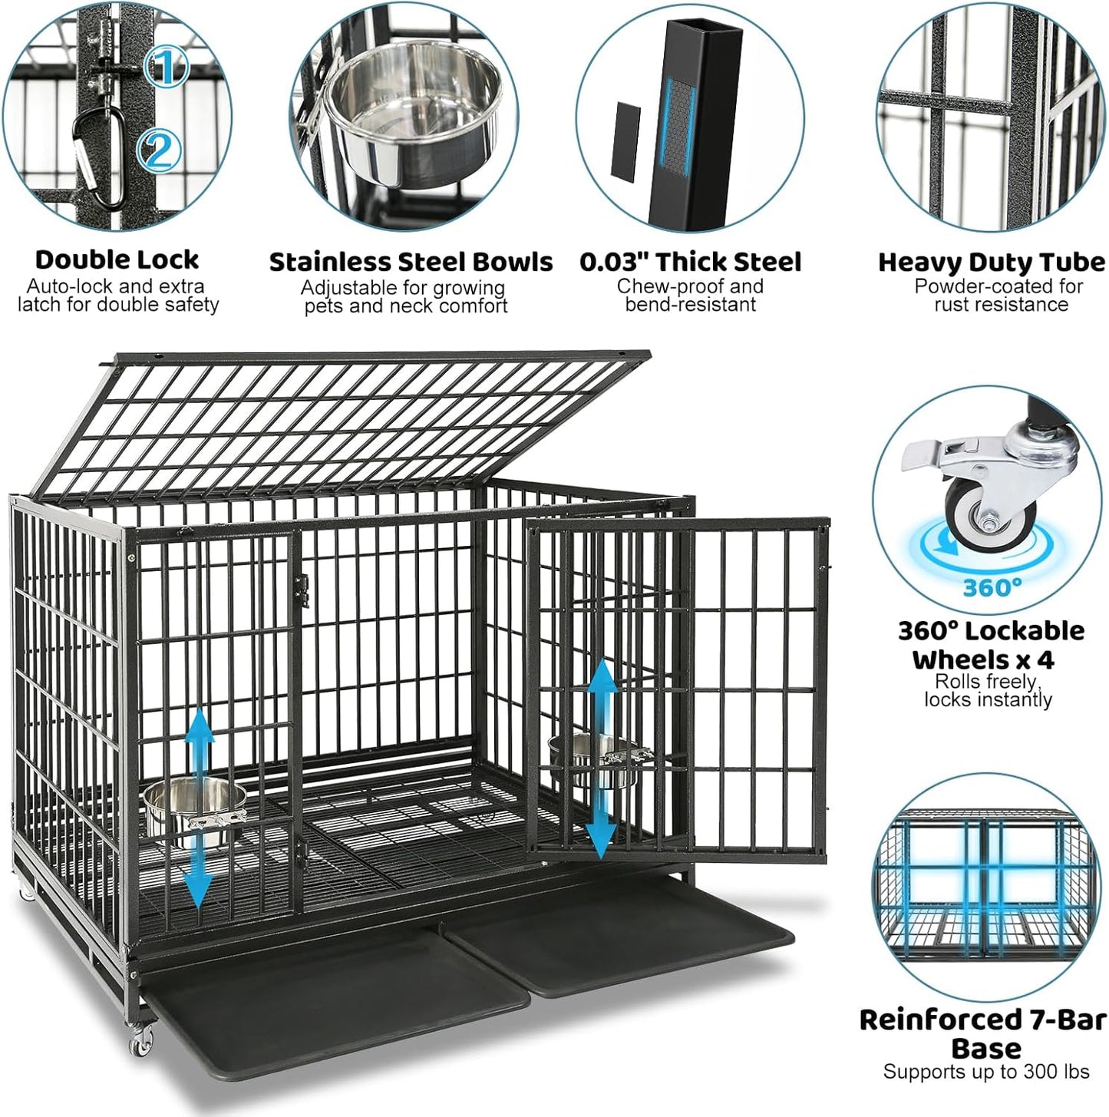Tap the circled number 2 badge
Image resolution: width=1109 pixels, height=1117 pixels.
[159, 150]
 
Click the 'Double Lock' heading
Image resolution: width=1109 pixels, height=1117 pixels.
[117, 260]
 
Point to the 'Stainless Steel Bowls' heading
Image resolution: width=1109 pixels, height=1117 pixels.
[411, 263]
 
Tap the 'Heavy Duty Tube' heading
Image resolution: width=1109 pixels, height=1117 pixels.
[991, 263]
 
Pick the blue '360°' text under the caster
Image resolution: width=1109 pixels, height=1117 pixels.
[992, 588]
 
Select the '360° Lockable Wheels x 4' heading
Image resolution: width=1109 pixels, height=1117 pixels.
[991, 645]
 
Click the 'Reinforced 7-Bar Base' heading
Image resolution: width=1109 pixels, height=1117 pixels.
[983, 1033]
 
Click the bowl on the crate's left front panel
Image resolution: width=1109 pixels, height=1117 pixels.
[192, 806]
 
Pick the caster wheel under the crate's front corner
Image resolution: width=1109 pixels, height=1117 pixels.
[140, 1040]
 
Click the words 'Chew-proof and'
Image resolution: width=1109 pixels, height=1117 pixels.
[689, 286]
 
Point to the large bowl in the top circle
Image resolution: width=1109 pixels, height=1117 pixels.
[413, 115]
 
